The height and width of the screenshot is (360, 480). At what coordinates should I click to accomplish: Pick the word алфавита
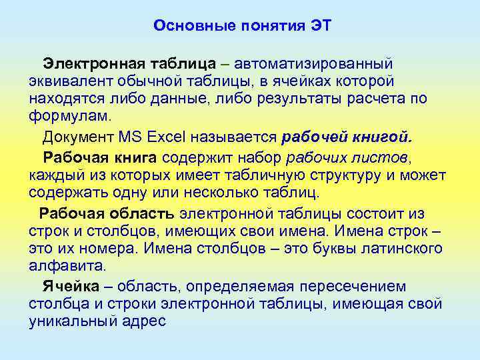(x=67, y=266)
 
